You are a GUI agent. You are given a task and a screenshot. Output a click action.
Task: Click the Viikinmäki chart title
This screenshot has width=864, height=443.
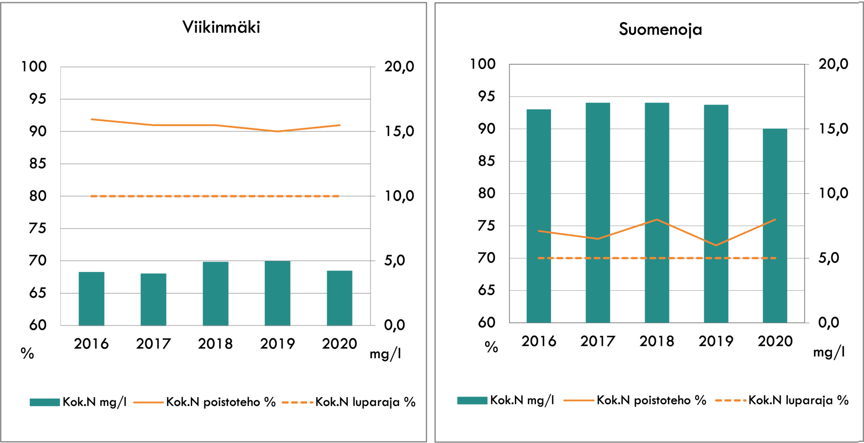point(221,27)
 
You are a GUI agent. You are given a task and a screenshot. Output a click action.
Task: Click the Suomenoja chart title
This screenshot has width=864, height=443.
point(660,30)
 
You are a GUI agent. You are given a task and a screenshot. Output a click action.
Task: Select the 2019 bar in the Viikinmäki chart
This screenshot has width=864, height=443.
point(277,293)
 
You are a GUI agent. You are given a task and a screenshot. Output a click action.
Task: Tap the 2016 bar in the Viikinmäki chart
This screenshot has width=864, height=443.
point(91,298)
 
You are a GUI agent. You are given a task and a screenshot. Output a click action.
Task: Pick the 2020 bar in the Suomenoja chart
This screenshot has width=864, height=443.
point(775,225)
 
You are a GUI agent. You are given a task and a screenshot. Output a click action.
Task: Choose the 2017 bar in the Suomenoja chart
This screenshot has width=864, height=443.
point(598,212)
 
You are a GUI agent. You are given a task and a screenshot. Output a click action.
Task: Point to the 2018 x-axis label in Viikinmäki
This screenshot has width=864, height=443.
point(215,344)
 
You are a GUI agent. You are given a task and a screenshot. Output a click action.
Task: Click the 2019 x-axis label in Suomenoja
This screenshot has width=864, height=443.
point(715,341)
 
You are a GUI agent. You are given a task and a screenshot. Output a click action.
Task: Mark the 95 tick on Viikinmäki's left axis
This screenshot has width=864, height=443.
point(38,99)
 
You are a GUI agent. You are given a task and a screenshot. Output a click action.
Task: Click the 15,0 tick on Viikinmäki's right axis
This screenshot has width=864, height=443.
point(399,131)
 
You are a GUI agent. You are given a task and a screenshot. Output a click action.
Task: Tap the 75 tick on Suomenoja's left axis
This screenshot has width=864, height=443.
point(486,226)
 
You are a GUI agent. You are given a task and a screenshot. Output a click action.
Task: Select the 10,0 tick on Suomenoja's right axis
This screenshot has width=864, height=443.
point(833,194)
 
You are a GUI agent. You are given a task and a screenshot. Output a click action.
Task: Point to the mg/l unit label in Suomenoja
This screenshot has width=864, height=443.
point(829,352)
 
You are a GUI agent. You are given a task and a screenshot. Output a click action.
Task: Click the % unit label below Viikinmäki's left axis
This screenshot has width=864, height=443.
point(27,353)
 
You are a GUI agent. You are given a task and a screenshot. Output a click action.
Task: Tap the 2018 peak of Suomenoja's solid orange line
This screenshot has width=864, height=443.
point(657,219)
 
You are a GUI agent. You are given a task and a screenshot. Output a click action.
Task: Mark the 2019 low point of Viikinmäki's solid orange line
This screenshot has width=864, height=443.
point(277,131)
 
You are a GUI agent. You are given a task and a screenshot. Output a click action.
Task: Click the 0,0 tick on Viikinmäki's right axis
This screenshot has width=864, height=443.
point(395,325)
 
